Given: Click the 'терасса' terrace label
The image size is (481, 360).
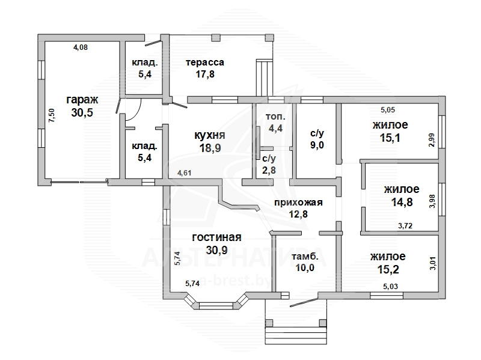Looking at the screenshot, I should tap(205, 62).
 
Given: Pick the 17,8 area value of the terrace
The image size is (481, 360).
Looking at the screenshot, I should tap(204, 75).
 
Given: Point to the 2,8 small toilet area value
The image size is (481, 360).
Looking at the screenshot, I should tap(269, 171).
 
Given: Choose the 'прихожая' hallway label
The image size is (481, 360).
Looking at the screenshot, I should tap(298, 203).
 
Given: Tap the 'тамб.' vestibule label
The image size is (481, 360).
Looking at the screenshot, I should tap(304, 257).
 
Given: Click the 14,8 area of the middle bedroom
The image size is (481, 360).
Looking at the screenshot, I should tap(398, 203).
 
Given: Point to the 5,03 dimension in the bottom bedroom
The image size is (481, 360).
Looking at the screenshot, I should tap(391, 286).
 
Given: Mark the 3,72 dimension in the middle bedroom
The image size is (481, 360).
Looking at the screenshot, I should tap(407, 226).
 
